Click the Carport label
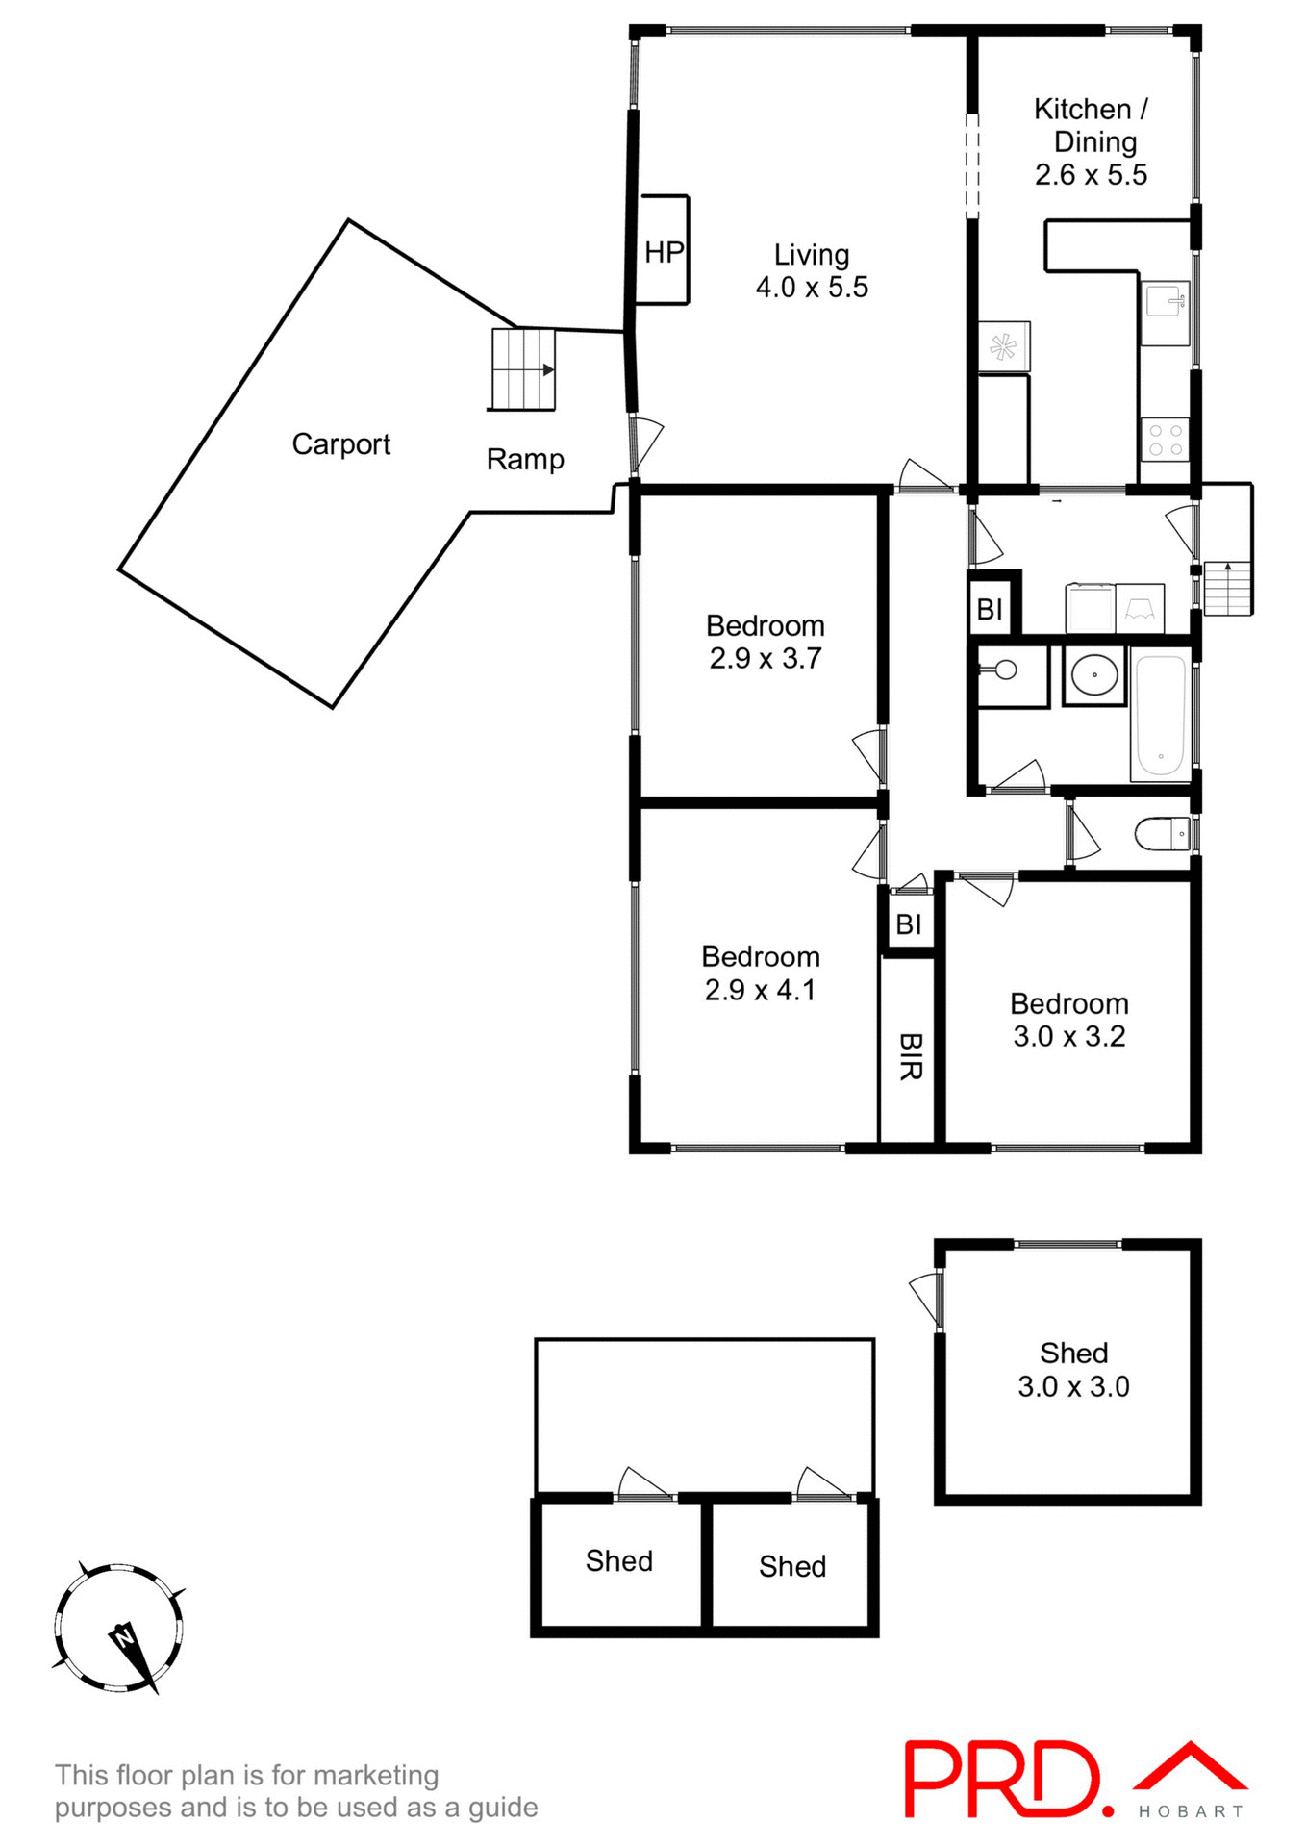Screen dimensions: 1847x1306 [x=340, y=444]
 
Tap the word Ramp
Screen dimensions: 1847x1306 [x=525, y=460]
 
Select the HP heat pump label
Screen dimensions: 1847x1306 [x=664, y=252]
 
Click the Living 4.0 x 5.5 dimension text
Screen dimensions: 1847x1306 [x=812, y=287]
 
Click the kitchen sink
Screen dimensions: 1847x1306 [x=1166, y=301]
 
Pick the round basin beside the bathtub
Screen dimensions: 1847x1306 [x=1094, y=674]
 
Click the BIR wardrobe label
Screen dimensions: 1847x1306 [x=910, y=1056]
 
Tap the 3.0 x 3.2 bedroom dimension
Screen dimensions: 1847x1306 [x=1068, y=1036]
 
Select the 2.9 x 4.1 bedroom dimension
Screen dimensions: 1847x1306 [x=760, y=990]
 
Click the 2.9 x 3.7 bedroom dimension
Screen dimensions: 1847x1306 [x=766, y=658]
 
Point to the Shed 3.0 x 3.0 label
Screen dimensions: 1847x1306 [x=1073, y=1370]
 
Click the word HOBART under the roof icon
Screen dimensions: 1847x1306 [x=1191, y=1811]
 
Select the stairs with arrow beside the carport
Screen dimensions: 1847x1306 [x=523, y=369]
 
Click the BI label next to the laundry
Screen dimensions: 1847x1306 [x=990, y=609]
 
